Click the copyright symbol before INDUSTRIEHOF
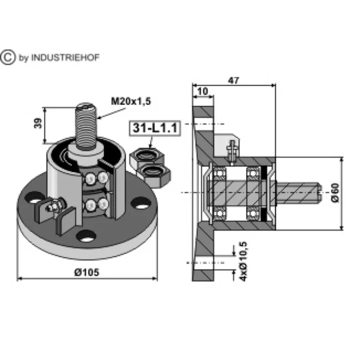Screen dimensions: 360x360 click(x=8, y=57)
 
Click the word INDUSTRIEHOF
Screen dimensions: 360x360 click(x=65, y=58)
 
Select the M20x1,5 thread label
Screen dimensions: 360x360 click(x=131, y=101)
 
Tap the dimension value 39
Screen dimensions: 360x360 click(x=38, y=123)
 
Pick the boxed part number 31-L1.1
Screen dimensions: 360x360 click(x=155, y=128)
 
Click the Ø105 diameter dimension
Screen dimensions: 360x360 click(x=86, y=272)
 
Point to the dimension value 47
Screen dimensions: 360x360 click(x=234, y=81)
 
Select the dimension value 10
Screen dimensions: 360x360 click(x=202, y=91)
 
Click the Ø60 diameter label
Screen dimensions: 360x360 click(x=335, y=193)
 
